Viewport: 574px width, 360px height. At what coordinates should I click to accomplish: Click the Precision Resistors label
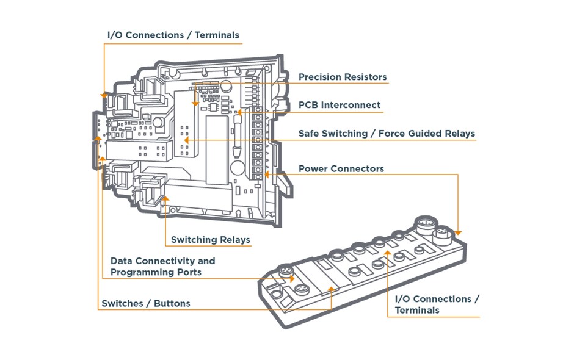click(x=342, y=77)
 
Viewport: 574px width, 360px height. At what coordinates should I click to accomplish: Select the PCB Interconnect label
click(x=339, y=105)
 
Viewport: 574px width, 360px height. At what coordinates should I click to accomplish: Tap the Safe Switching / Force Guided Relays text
click(x=386, y=133)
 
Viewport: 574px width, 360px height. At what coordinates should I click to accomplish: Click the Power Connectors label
click(x=341, y=168)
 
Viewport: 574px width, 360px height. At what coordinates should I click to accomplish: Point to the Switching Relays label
click(x=210, y=240)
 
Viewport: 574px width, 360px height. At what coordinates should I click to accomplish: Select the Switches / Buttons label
click(x=145, y=303)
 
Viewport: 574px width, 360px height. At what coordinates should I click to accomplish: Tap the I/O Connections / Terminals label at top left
click(x=173, y=35)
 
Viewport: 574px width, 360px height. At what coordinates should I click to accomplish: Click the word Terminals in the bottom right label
click(x=417, y=310)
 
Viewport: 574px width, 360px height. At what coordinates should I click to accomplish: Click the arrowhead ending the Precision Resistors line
click(x=195, y=104)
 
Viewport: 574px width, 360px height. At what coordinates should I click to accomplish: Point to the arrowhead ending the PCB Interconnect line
click(x=239, y=112)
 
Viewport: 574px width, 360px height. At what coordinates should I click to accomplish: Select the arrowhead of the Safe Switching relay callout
click(x=186, y=140)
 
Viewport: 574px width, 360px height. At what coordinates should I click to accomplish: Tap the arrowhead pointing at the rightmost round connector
click(x=459, y=232)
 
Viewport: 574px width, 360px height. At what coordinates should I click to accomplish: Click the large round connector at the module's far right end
click(x=442, y=235)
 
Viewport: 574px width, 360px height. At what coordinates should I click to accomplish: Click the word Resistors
click(x=365, y=77)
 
